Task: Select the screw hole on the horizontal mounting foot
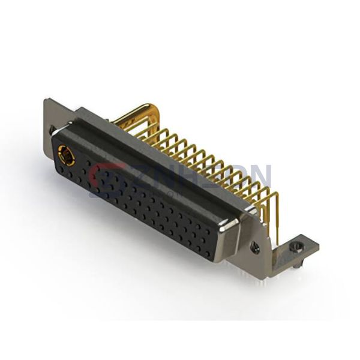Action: coord(295,246)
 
